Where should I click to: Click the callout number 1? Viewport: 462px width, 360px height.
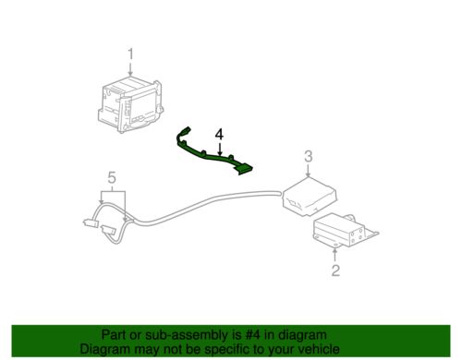130,54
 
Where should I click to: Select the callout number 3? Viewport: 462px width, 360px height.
310,157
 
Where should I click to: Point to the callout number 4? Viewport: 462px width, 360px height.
219,136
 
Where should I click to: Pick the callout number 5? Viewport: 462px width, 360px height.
112,176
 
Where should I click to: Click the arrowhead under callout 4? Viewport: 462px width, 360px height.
219,153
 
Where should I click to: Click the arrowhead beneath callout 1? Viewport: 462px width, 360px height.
130,74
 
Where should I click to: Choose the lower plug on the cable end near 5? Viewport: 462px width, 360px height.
113,232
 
